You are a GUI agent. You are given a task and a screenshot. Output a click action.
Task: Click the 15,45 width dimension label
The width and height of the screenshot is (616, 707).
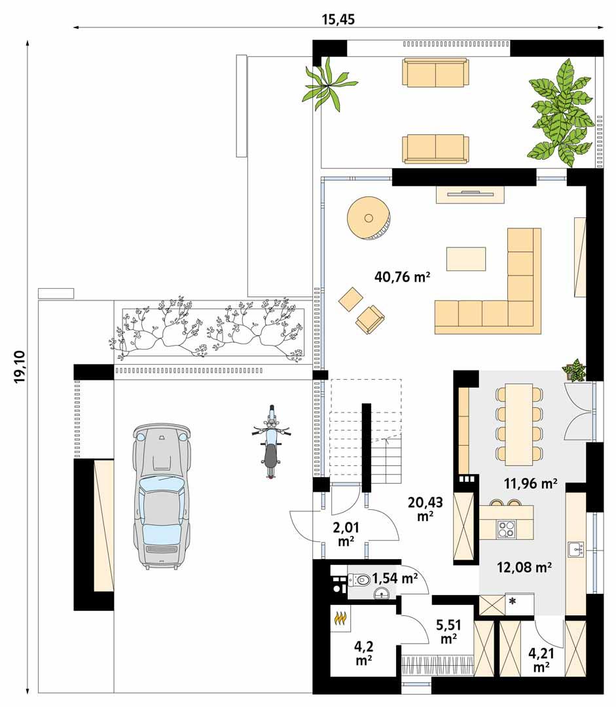click(x=338, y=18)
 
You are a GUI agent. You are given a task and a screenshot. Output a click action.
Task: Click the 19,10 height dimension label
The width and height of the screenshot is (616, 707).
click(x=19, y=367)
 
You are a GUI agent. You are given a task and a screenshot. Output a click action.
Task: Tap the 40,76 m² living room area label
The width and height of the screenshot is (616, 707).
click(x=402, y=277)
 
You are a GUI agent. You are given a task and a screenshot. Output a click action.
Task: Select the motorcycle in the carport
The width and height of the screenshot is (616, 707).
click(x=271, y=443)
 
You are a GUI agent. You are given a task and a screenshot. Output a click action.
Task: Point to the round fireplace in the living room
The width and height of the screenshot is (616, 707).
click(x=369, y=218)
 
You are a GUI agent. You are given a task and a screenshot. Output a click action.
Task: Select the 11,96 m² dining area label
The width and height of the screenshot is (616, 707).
click(x=530, y=484)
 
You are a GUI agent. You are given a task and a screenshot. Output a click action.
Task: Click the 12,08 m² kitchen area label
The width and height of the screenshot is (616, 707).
click(x=524, y=567)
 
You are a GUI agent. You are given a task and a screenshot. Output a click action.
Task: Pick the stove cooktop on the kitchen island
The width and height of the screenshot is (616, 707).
click(x=506, y=528)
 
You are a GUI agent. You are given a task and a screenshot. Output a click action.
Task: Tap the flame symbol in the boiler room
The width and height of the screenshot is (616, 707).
click(x=340, y=617)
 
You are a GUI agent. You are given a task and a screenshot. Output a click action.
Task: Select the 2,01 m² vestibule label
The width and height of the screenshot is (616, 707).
click(x=346, y=534)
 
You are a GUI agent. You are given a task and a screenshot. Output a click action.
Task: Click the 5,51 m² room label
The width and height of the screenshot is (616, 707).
click(x=448, y=631)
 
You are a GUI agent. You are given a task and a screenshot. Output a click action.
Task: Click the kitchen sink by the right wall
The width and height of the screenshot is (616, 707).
click(x=575, y=548)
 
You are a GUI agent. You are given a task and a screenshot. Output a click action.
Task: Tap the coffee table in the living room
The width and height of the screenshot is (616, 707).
click(x=466, y=259)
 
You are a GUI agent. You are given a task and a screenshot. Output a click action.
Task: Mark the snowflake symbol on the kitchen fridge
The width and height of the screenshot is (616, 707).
click(x=512, y=600)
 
